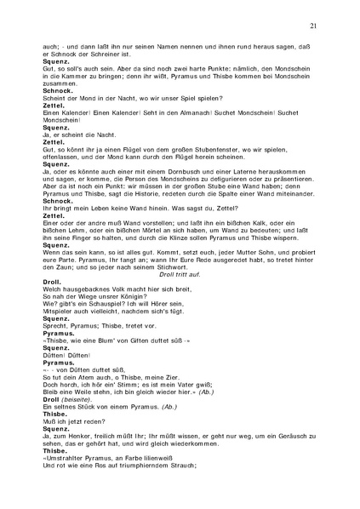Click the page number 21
pos(313,26)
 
